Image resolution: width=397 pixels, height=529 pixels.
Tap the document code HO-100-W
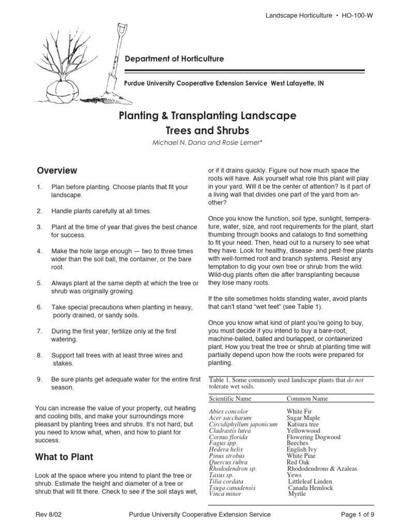(354, 15)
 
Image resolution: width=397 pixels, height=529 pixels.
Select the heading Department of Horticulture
(175, 59)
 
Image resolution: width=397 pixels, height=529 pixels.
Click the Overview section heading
(56, 170)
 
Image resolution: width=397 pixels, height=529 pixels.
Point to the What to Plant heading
(64, 457)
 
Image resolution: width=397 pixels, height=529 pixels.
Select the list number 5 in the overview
(39, 283)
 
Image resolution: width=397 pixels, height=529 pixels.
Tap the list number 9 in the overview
(39, 380)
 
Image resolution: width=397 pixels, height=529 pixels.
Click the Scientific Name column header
(230, 399)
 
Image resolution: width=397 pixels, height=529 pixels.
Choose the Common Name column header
(307, 399)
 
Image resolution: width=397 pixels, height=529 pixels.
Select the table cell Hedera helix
(226, 449)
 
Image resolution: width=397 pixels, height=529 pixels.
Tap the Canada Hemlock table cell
(311, 488)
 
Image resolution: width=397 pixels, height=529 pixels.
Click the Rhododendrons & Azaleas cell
(322, 469)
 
